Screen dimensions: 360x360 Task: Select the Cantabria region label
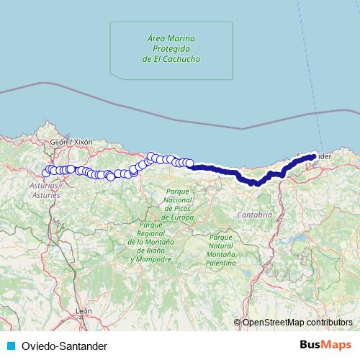pyautogui.click(x=254, y=215)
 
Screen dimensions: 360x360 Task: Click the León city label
pyautogui.click(x=84, y=312)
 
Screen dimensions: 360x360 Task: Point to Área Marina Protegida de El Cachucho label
pyautogui.click(x=171, y=48)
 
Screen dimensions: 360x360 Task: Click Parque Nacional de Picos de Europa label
pyautogui.click(x=176, y=203)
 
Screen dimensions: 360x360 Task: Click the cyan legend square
pyautogui.click(x=11, y=346)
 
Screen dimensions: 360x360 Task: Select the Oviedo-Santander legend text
pyautogui.click(x=64, y=346)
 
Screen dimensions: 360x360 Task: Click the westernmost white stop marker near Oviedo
pyautogui.click(x=45, y=172)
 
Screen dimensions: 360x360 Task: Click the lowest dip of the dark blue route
pyautogui.click(x=256, y=184)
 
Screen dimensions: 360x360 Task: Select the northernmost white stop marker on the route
pyautogui.click(x=151, y=156)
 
